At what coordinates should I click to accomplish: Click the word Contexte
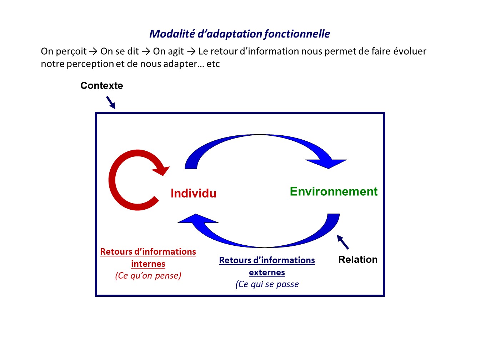(102, 86)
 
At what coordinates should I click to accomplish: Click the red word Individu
(193, 193)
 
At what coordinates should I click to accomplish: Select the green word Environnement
(334, 191)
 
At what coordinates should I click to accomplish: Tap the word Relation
(358, 259)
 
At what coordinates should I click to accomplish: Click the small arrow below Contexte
(111, 102)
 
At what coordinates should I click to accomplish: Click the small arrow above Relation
(343, 242)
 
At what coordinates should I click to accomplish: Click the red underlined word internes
(148, 264)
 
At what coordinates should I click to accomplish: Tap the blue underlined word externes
(267, 272)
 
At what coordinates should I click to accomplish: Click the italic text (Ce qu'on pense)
(148, 275)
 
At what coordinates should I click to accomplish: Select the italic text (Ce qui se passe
(267, 284)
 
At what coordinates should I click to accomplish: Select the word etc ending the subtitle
(213, 64)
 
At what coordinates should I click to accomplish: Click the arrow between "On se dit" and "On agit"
(146, 51)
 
